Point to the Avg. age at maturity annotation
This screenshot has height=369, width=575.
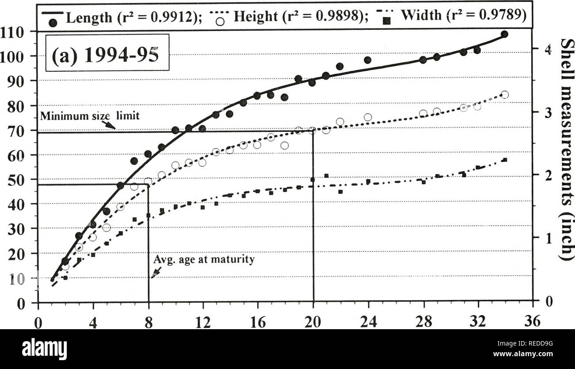[x=204, y=260]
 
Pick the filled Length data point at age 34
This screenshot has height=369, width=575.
[x=504, y=34]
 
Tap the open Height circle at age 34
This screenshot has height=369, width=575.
[x=505, y=95]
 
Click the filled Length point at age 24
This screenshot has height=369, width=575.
[x=368, y=60]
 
